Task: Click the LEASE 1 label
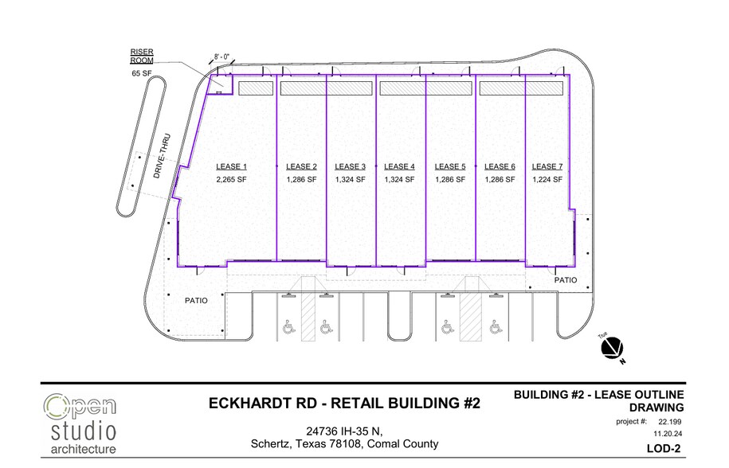[231, 166]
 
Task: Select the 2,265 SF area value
[231, 180]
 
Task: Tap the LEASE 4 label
[399, 166]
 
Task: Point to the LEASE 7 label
[547, 166]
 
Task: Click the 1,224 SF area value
[547, 180]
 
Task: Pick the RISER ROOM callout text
[142, 57]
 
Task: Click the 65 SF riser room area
[142, 73]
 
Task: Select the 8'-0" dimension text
[221, 57]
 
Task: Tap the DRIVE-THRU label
[162, 156]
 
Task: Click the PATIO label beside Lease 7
[566, 280]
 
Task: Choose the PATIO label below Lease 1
[196, 300]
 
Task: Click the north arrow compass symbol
[612, 349]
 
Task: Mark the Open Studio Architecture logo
[80, 424]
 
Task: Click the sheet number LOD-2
[664, 449]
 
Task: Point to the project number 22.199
[669, 422]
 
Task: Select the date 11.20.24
[668, 434]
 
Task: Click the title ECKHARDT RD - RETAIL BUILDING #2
[344, 403]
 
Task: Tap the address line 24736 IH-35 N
[344, 431]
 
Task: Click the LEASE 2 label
[301, 166]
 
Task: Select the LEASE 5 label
[450, 166]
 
